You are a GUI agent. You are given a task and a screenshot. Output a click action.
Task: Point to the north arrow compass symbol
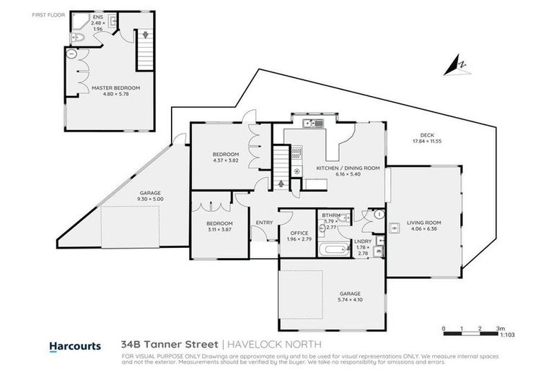(x=457, y=66)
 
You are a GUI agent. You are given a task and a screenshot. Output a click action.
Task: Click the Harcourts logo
(x=74, y=346)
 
